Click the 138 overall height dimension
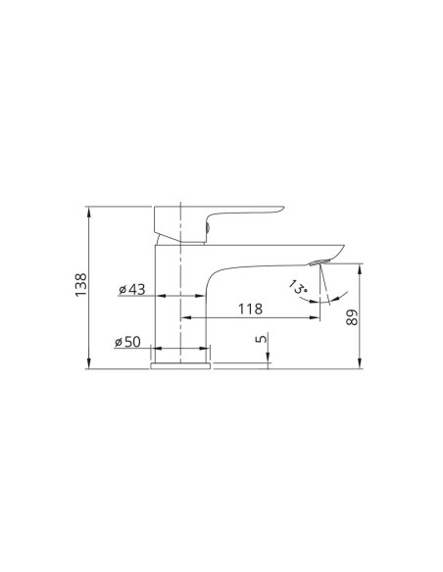click(81, 285)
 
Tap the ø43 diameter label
click(131, 290)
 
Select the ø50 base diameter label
click(127, 342)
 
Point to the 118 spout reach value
click(250, 309)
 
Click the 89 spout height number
click(352, 317)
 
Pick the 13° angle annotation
click(298, 288)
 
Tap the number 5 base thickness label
click(262, 339)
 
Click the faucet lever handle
click(219, 223)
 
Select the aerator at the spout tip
click(320, 262)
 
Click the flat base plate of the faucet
click(180, 366)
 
